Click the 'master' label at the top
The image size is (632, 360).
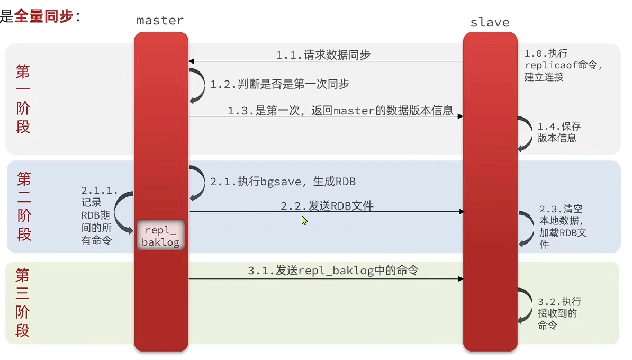(160, 21)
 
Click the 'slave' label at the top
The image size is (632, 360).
(490, 23)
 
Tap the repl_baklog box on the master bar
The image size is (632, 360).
(160, 235)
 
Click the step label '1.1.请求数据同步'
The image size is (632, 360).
(323, 55)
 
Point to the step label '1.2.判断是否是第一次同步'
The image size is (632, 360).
(279, 84)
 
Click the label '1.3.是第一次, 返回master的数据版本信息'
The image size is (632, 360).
(340, 111)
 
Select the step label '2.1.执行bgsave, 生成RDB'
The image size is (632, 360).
(283, 182)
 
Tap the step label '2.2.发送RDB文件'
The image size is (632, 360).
(327, 206)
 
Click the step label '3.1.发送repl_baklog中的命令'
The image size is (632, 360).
(333, 271)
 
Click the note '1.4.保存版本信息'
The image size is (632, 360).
(559, 132)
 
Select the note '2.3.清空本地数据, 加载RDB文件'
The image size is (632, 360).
(563, 227)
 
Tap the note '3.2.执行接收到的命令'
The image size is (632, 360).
(559, 313)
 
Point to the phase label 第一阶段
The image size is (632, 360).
(23, 99)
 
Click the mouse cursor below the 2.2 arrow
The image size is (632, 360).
(304, 220)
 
